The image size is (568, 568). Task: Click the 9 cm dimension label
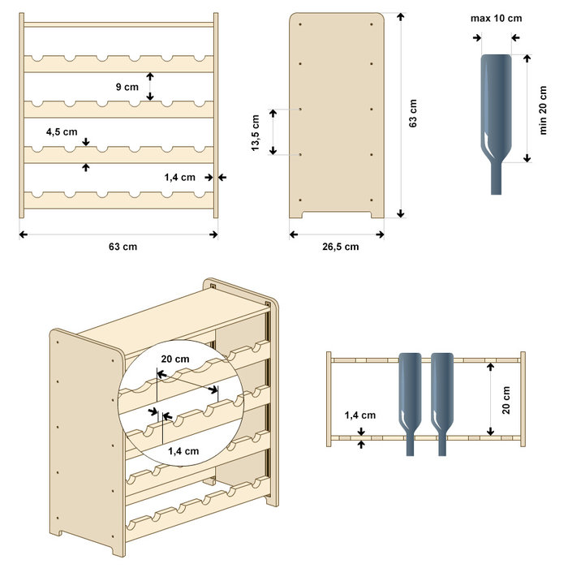coord(127,85)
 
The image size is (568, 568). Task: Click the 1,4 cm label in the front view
coord(180,177)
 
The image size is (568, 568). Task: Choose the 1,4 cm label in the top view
coord(359,415)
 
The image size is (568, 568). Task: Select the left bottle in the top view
coord(410,398)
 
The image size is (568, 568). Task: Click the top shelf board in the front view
coord(118,25)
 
